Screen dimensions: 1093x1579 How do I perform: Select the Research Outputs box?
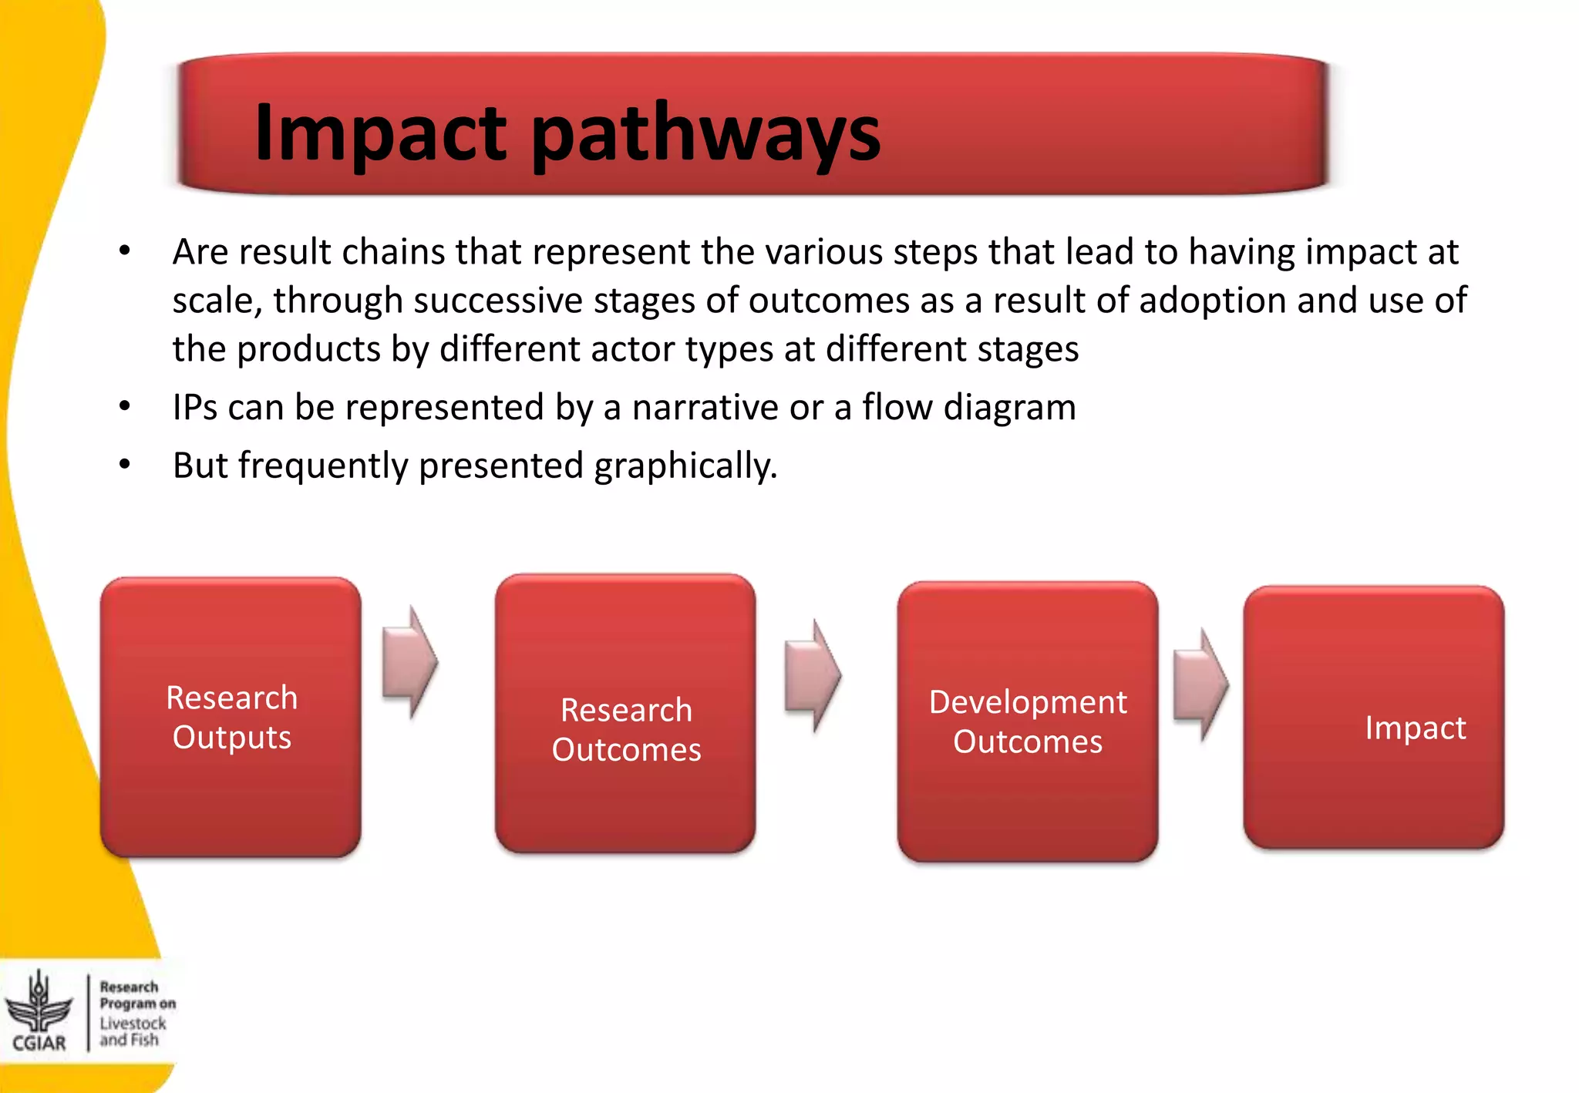pos(231,717)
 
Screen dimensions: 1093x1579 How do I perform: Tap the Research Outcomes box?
pos(625,714)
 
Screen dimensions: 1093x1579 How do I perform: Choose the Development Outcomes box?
pos(1027,721)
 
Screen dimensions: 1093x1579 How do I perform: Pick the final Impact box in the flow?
pos(1373,718)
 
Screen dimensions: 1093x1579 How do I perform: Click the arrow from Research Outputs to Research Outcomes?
pos(410,662)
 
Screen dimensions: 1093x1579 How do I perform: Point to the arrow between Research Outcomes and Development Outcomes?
pos(813,675)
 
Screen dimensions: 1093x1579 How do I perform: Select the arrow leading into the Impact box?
pos(1200,684)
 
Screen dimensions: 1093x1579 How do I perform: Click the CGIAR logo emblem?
pos(39,1002)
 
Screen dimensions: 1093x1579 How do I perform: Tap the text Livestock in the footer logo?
pos(133,1023)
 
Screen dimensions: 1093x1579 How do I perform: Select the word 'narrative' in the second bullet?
pos(705,407)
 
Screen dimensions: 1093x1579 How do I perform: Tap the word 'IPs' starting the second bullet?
pos(194,407)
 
